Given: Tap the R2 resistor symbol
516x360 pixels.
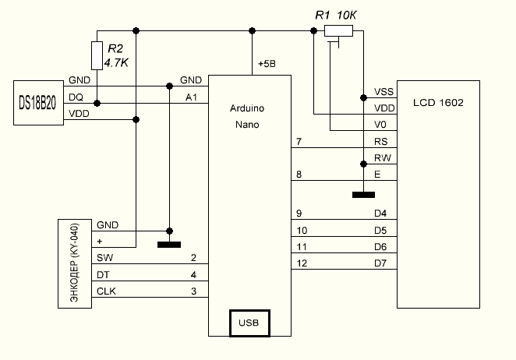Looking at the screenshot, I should point(97,55).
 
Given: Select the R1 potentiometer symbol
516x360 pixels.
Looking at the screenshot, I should point(338,31).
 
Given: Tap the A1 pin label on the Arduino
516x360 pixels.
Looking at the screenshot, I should point(191,97).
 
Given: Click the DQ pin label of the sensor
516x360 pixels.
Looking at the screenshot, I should point(76,97).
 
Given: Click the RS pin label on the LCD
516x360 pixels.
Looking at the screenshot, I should point(382,142).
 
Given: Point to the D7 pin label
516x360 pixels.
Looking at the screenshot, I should point(380,263).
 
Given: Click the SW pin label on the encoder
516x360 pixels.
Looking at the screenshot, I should point(104,258).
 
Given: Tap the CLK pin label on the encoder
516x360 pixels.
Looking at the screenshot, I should point(106,291).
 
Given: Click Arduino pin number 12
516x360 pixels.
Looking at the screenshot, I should point(302,263).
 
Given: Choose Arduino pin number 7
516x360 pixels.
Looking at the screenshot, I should point(299,142).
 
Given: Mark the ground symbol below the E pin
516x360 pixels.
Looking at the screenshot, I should point(362,194).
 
